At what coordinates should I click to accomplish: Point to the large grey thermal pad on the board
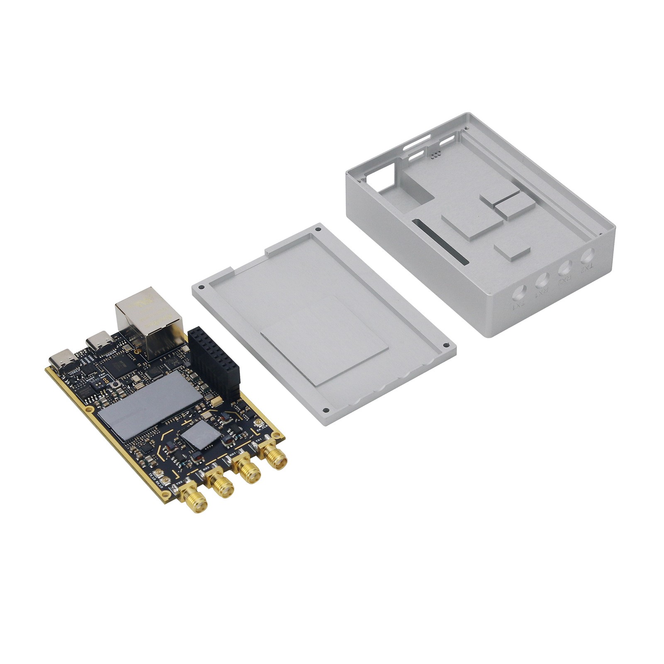point(151,405)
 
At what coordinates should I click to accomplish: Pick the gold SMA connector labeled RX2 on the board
point(222,486)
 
